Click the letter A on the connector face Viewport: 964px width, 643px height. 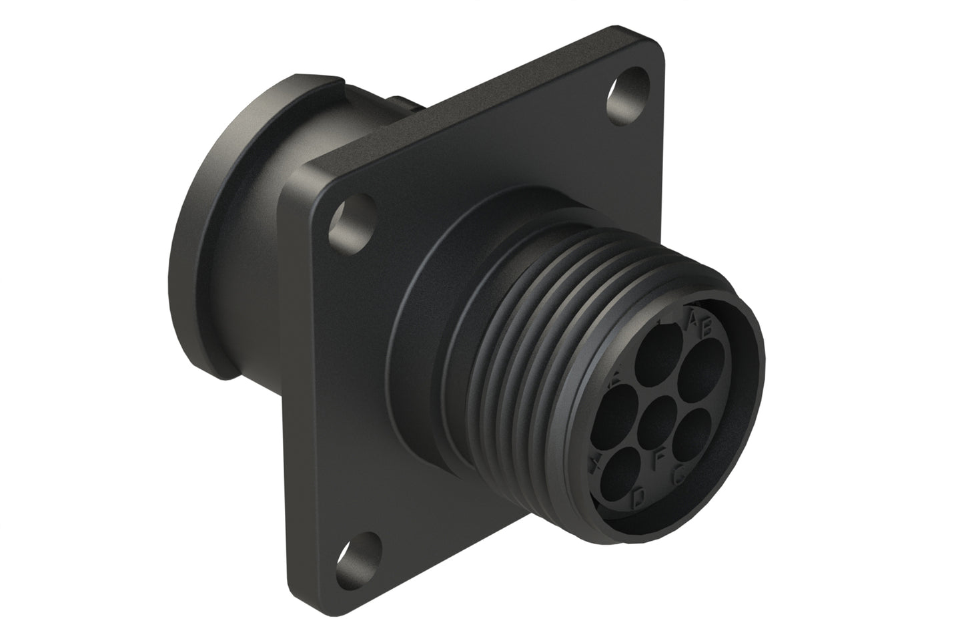point(694,320)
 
